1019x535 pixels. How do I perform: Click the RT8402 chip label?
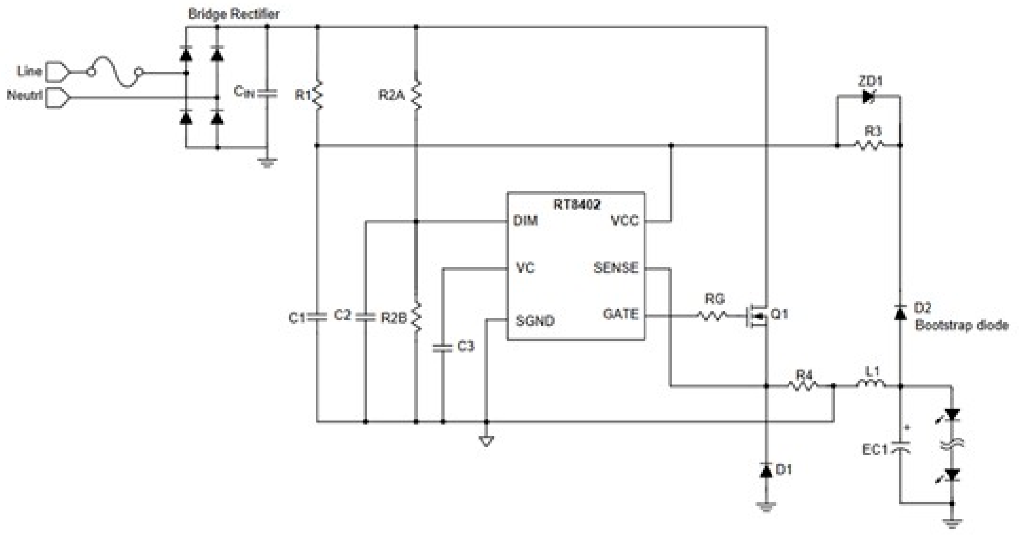pos(576,204)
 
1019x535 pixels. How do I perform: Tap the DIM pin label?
pos(525,220)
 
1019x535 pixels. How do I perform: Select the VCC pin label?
pos(624,220)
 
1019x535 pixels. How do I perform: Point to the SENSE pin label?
pos(616,268)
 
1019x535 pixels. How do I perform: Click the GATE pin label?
pos(620,314)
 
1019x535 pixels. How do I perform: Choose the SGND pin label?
pos(535,320)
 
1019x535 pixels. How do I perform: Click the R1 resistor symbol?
pos(318,95)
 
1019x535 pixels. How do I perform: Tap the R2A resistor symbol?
pos(416,95)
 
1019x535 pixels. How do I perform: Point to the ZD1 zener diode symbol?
pos(868,96)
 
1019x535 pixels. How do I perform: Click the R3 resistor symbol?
pos(869,145)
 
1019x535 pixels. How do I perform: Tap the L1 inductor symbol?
pos(871,383)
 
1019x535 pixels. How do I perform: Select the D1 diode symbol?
pos(766,471)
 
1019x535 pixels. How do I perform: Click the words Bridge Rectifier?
pos(233,14)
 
